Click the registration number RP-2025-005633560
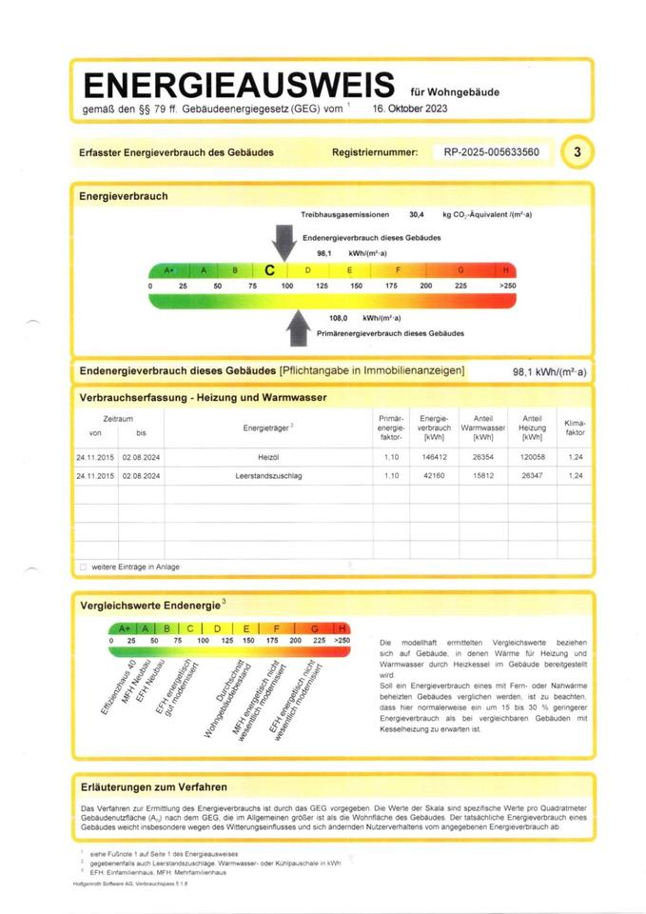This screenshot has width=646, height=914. coord(491,152)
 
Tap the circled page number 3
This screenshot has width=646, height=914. coord(577,151)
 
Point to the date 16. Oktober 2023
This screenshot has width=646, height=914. coord(410,109)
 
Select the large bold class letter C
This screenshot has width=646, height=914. coord(269,270)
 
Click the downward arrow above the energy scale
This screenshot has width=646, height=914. coord(283,239)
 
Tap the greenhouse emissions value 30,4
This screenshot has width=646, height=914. coord(416,215)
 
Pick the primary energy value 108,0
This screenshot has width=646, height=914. coord(338,318)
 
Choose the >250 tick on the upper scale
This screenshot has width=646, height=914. coord(506,286)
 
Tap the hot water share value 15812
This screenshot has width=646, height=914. coord(482,474)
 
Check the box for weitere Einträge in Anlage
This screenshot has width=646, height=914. coord(83,566)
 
